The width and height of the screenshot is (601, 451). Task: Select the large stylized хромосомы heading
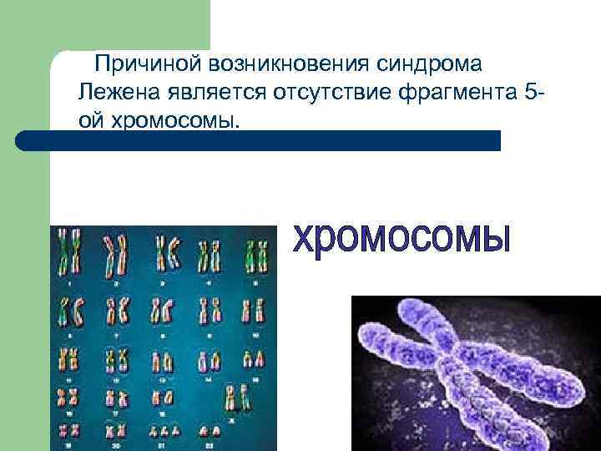coord(401,239)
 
